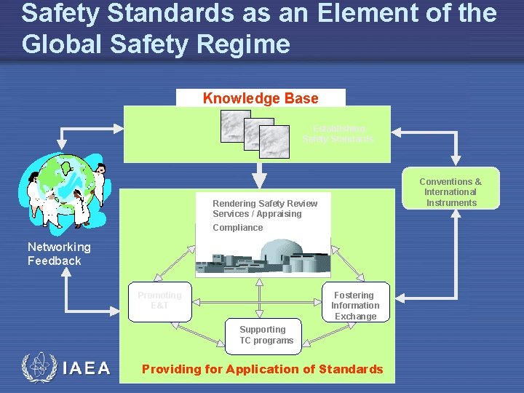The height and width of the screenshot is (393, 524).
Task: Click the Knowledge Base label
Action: coord(261,98)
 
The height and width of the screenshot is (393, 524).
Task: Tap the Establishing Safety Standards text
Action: coord(338,134)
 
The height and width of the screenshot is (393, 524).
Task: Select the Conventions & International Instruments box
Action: coord(451,192)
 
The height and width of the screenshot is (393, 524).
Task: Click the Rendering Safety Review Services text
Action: coord(265,208)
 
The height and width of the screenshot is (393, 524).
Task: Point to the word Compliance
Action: coord(238,228)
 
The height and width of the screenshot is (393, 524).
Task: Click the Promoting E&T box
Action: coord(160,301)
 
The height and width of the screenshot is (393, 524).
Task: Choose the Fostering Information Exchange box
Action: coord(355,305)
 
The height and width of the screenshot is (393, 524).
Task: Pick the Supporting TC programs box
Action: coord(263,335)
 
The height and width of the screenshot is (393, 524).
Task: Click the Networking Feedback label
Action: coord(59,254)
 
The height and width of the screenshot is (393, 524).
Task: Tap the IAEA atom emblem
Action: coord(38,367)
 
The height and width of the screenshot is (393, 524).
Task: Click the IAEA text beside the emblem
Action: coord(87,368)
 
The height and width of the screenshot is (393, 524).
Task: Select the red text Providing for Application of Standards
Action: coord(262,369)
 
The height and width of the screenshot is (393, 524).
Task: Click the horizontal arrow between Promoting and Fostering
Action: coord(258,301)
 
